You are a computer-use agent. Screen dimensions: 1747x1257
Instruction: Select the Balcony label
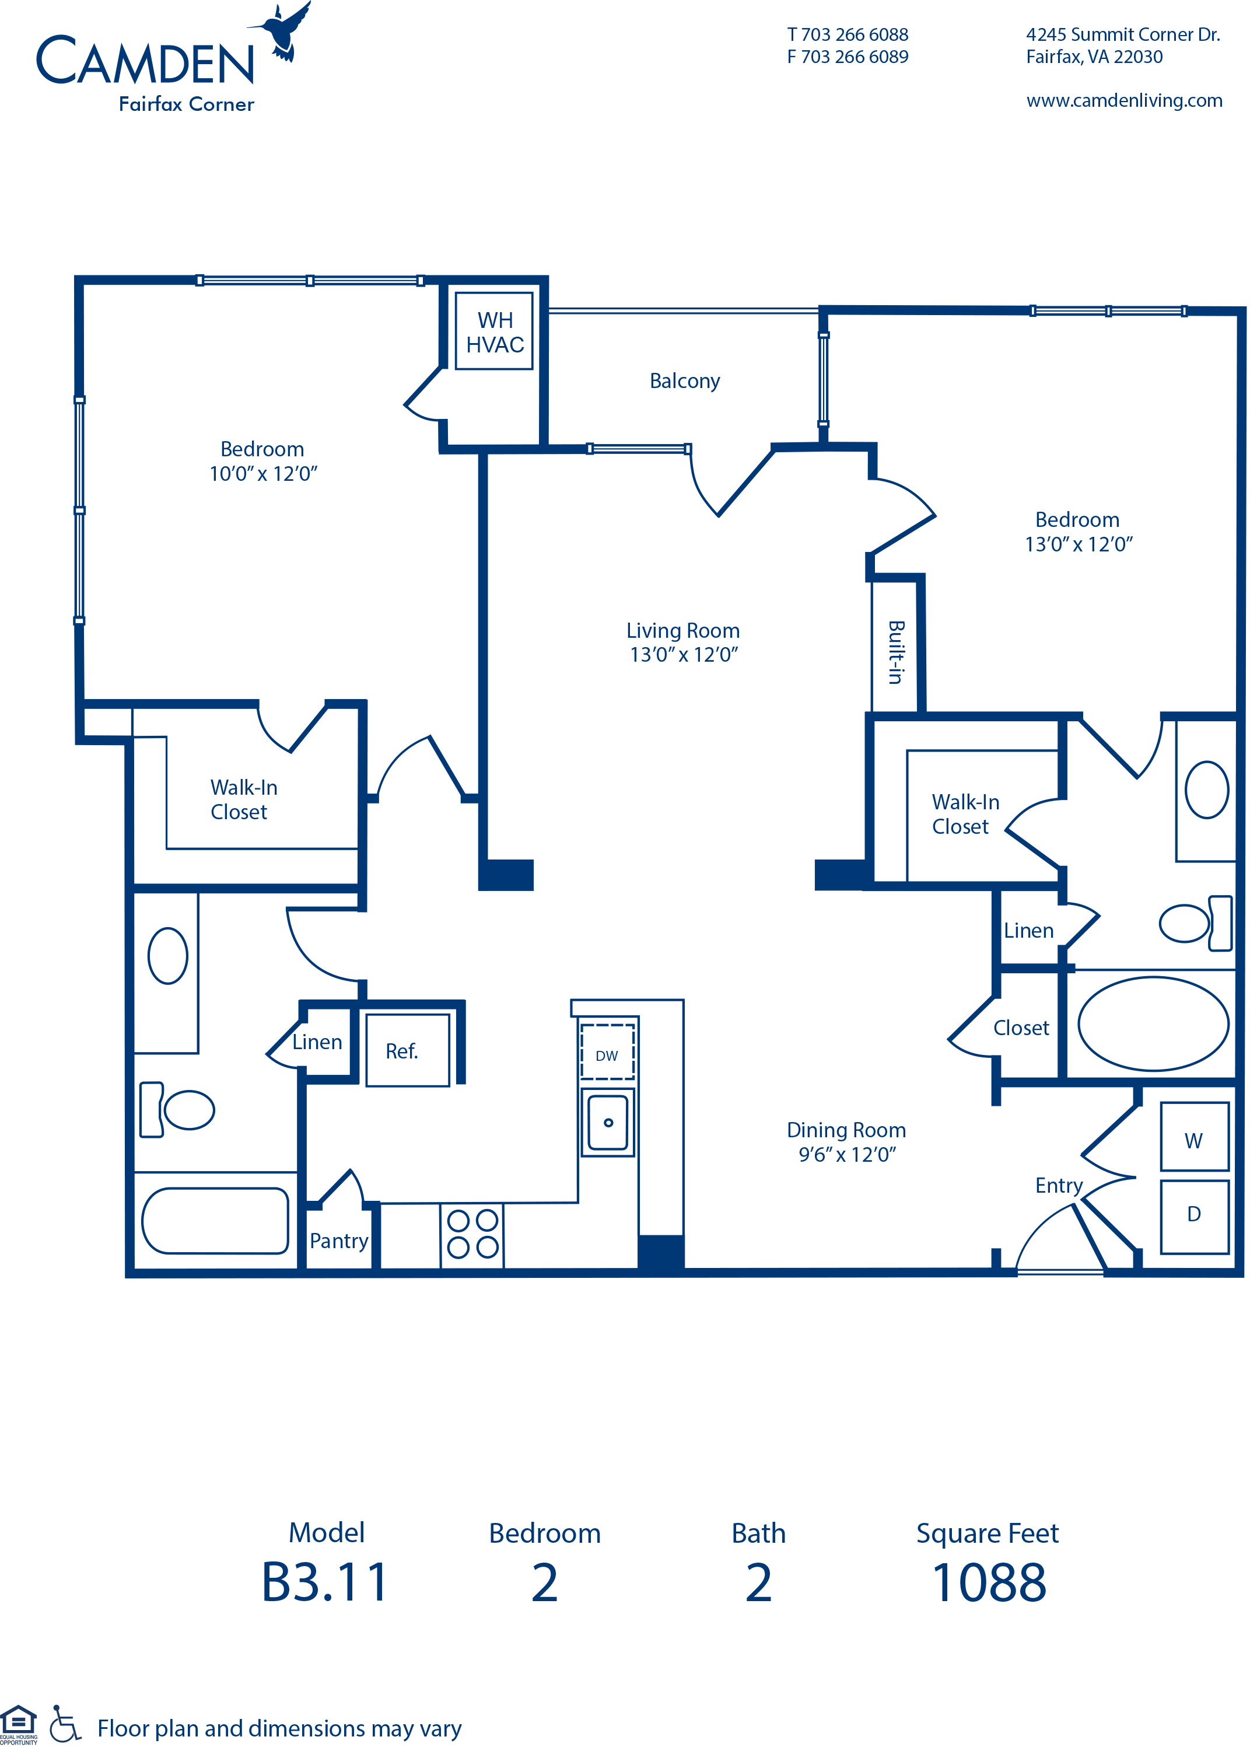click(x=684, y=380)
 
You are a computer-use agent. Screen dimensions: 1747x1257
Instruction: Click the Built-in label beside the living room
click(x=895, y=652)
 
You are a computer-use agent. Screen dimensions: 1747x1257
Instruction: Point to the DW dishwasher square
click(x=607, y=1052)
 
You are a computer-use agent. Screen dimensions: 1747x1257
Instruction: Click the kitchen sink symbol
click(x=607, y=1122)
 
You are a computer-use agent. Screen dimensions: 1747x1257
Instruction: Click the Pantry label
click(x=338, y=1240)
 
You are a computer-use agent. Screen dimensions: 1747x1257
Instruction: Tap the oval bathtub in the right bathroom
click(x=1152, y=1023)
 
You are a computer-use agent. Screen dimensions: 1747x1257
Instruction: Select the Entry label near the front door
click(x=1058, y=1185)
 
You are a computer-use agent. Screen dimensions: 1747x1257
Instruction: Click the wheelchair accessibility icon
click(x=65, y=1724)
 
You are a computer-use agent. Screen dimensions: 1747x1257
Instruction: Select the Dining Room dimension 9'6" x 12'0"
click(x=846, y=1154)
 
